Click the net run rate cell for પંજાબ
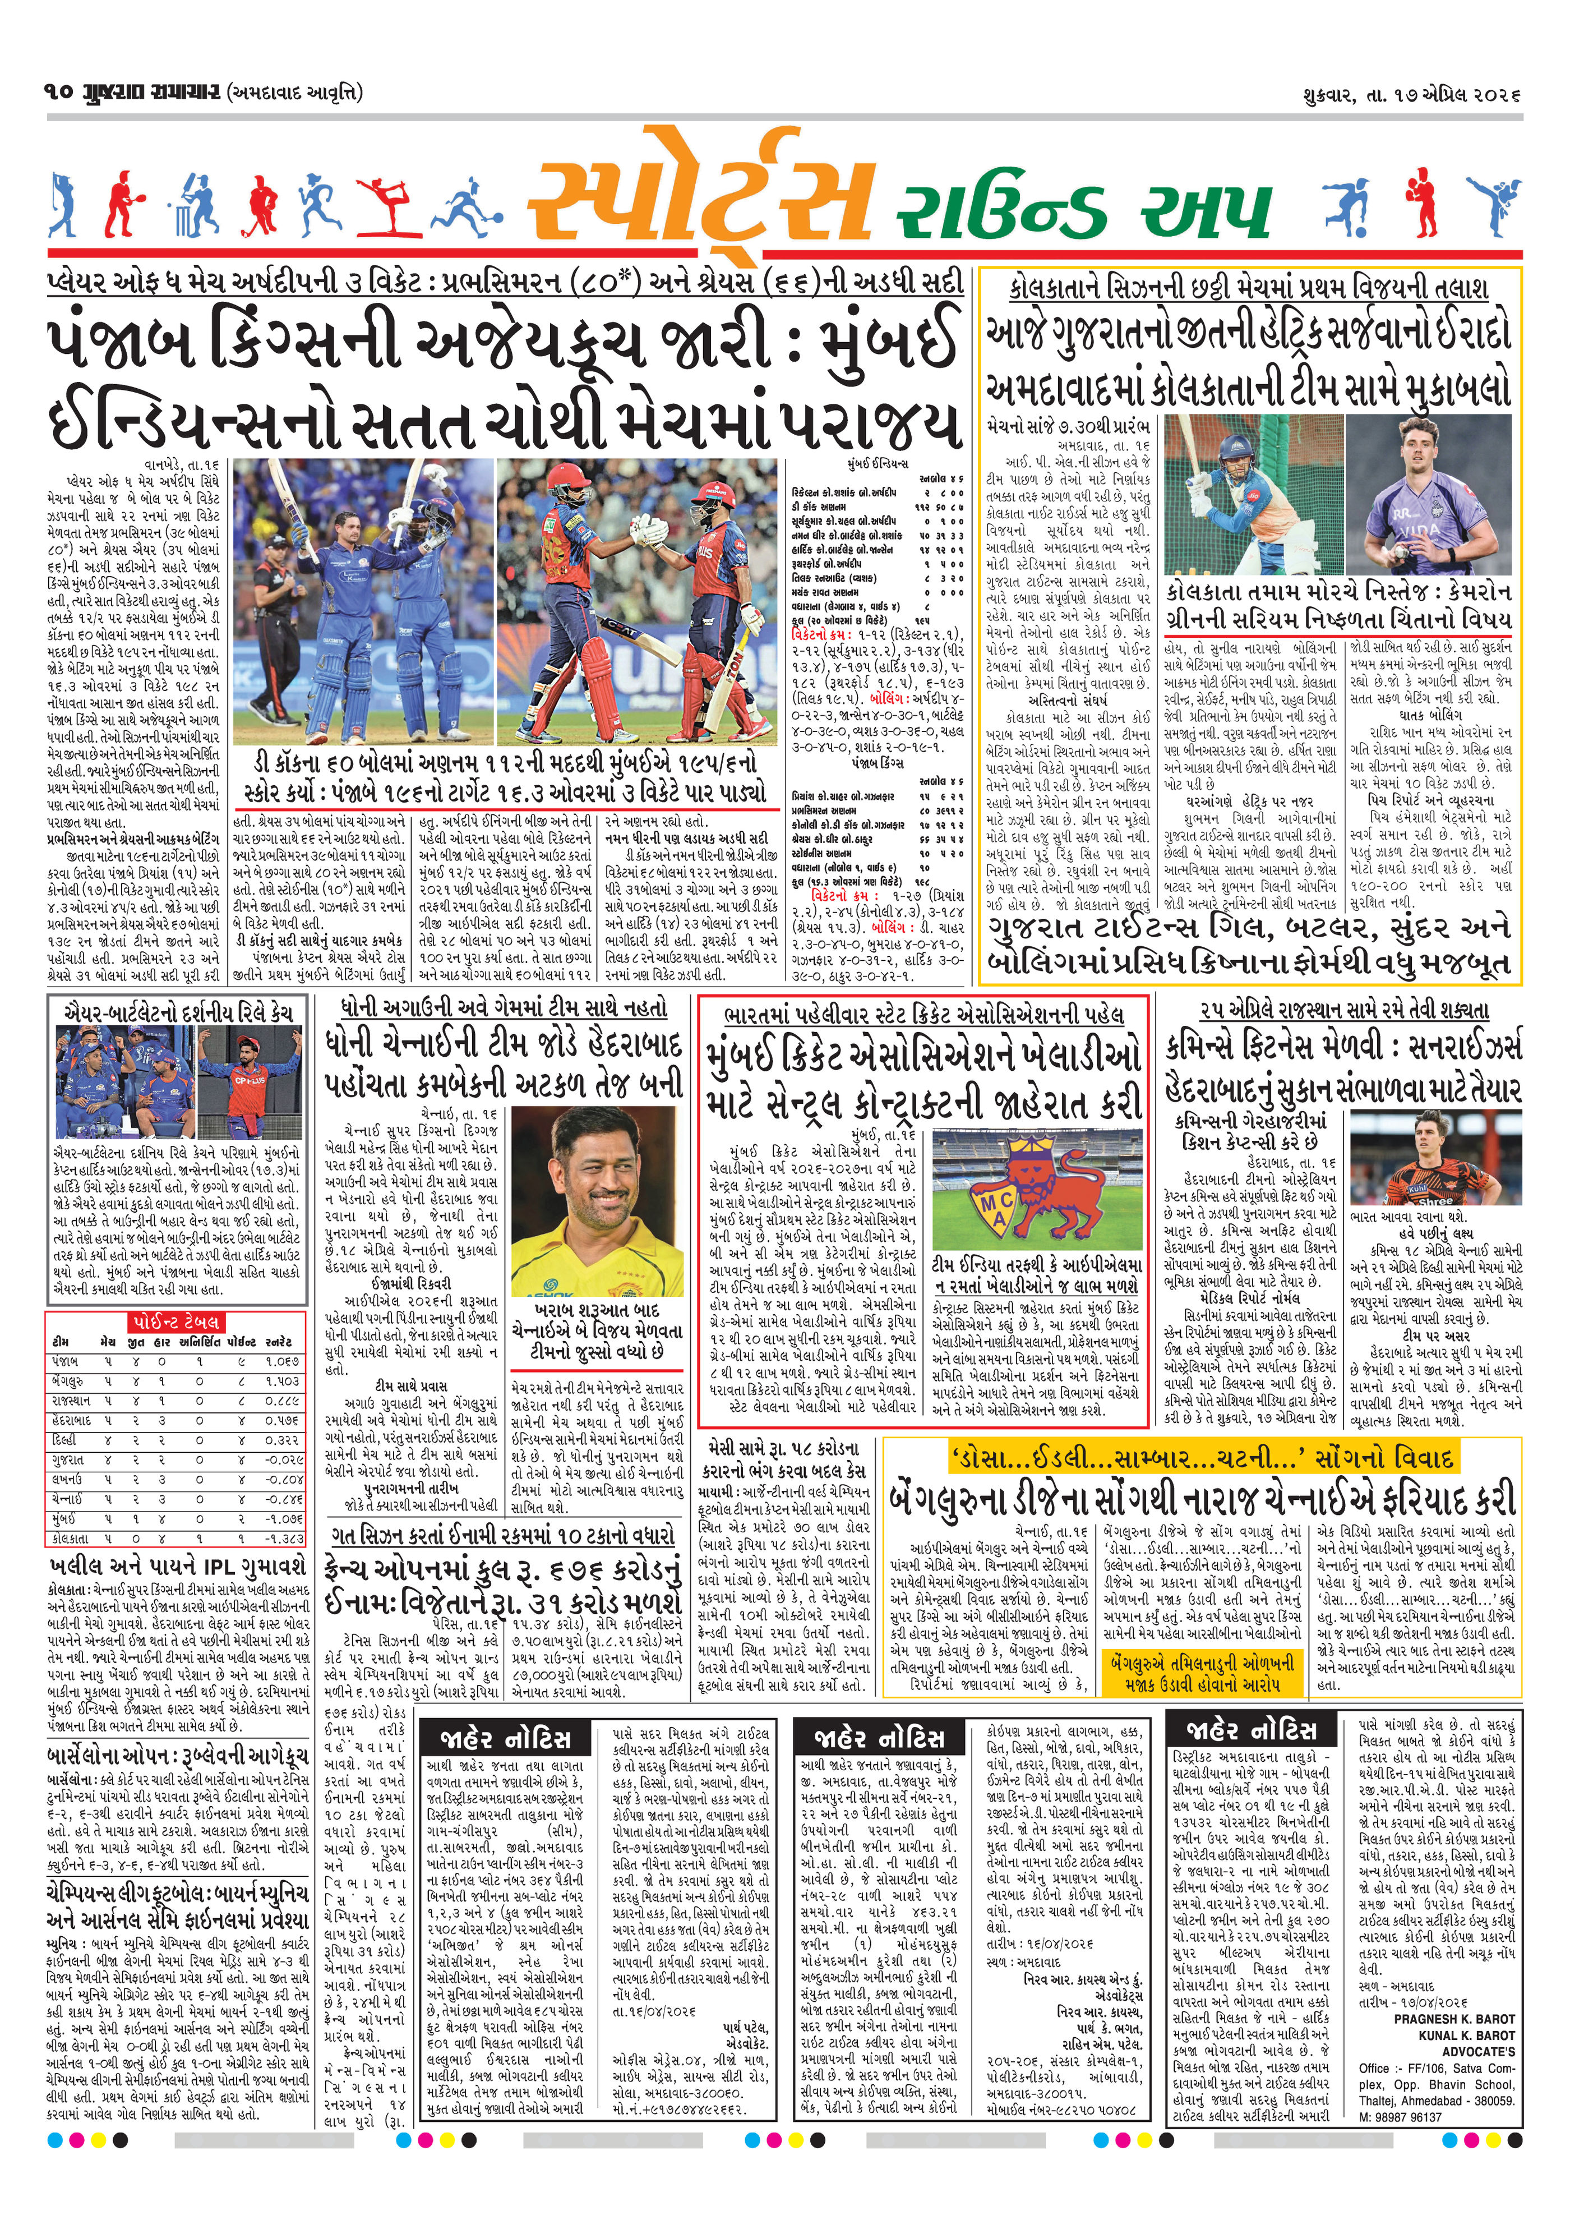[283, 1362]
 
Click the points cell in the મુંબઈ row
[238, 1519]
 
